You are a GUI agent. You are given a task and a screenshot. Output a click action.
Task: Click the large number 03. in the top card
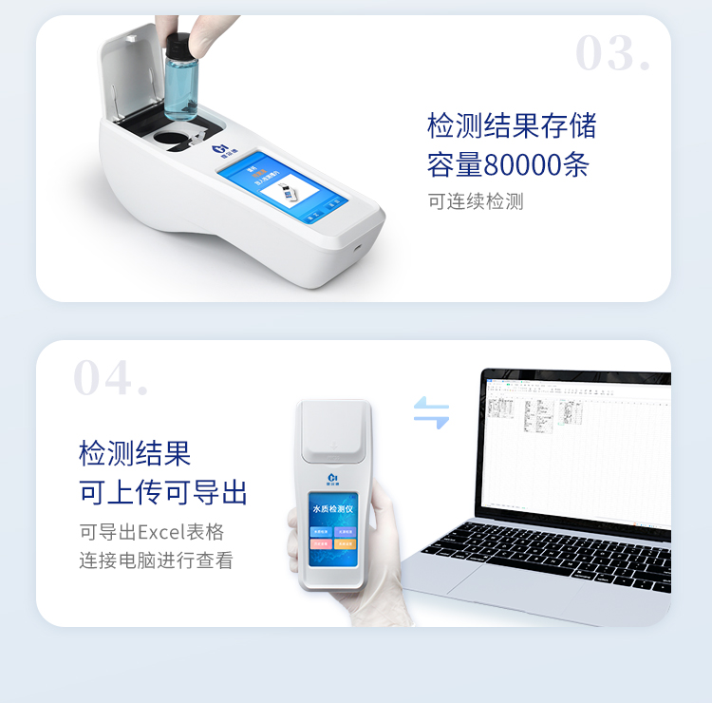click(612, 54)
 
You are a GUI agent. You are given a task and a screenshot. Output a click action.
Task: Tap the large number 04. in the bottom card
click(111, 379)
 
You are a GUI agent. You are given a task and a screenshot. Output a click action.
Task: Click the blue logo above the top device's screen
click(220, 149)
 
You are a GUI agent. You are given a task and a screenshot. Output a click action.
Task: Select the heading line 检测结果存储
click(512, 125)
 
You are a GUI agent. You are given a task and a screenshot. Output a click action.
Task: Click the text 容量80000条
click(508, 164)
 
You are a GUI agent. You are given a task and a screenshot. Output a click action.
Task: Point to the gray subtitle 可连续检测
click(475, 201)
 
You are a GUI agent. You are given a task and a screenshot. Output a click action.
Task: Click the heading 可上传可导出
click(162, 492)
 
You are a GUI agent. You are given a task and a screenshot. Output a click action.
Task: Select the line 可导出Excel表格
click(151, 532)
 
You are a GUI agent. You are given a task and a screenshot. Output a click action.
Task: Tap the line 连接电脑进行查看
click(156, 560)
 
